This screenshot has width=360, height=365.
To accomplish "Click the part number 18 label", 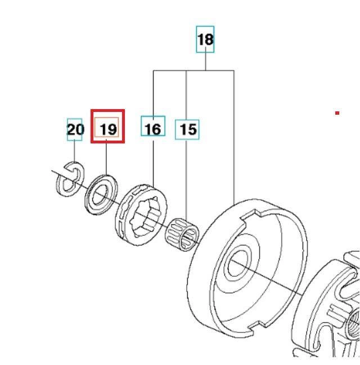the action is pyautogui.click(x=205, y=39).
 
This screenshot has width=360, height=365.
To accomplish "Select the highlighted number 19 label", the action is pyautogui.click(x=107, y=126).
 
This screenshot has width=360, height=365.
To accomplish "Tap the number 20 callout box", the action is pyautogui.click(x=75, y=129).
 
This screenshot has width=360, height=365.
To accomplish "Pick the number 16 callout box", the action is pyautogui.click(x=153, y=126).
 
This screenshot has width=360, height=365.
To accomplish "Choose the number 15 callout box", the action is pyautogui.click(x=187, y=130).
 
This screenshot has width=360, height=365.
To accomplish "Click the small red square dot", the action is pyautogui.click(x=337, y=113).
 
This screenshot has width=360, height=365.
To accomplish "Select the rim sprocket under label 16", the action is pyautogui.click(x=141, y=214).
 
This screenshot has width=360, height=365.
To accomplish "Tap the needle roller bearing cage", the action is pyautogui.click(x=182, y=235).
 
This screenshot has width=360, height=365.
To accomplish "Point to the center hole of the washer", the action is pyautogui.click(x=100, y=196).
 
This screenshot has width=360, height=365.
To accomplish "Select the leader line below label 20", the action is pyautogui.click(x=74, y=151).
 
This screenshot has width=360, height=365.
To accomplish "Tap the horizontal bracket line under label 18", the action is pyautogui.click(x=193, y=70).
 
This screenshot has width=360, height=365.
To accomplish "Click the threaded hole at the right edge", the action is pyautogui.click(x=353, y=323).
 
